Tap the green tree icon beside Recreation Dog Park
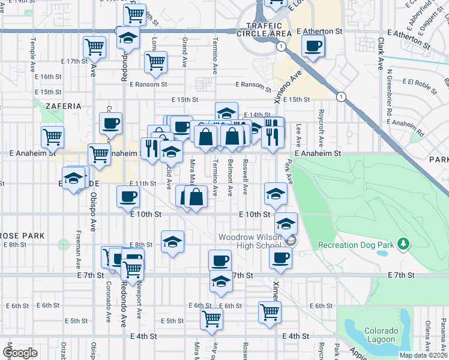coord(404,244)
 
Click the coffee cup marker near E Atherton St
coord(313,46)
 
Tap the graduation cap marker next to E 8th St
coord(173,242)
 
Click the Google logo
coord(20,353)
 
